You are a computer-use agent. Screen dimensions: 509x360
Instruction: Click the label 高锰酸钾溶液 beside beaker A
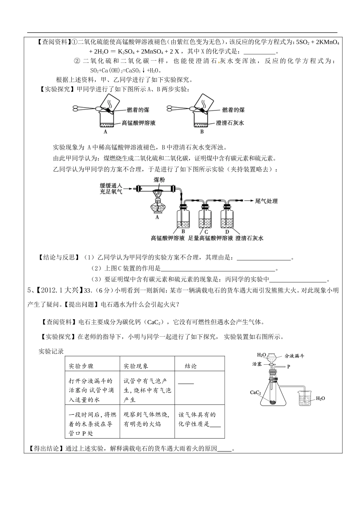tap(138, 123)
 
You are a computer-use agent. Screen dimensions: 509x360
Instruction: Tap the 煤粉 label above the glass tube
tap(159, 180)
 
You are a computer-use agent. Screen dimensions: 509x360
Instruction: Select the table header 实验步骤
tap(81, 366)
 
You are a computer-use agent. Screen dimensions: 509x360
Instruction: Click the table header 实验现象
tap(136, 366)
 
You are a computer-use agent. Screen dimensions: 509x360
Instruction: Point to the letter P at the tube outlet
tap(288, 367)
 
